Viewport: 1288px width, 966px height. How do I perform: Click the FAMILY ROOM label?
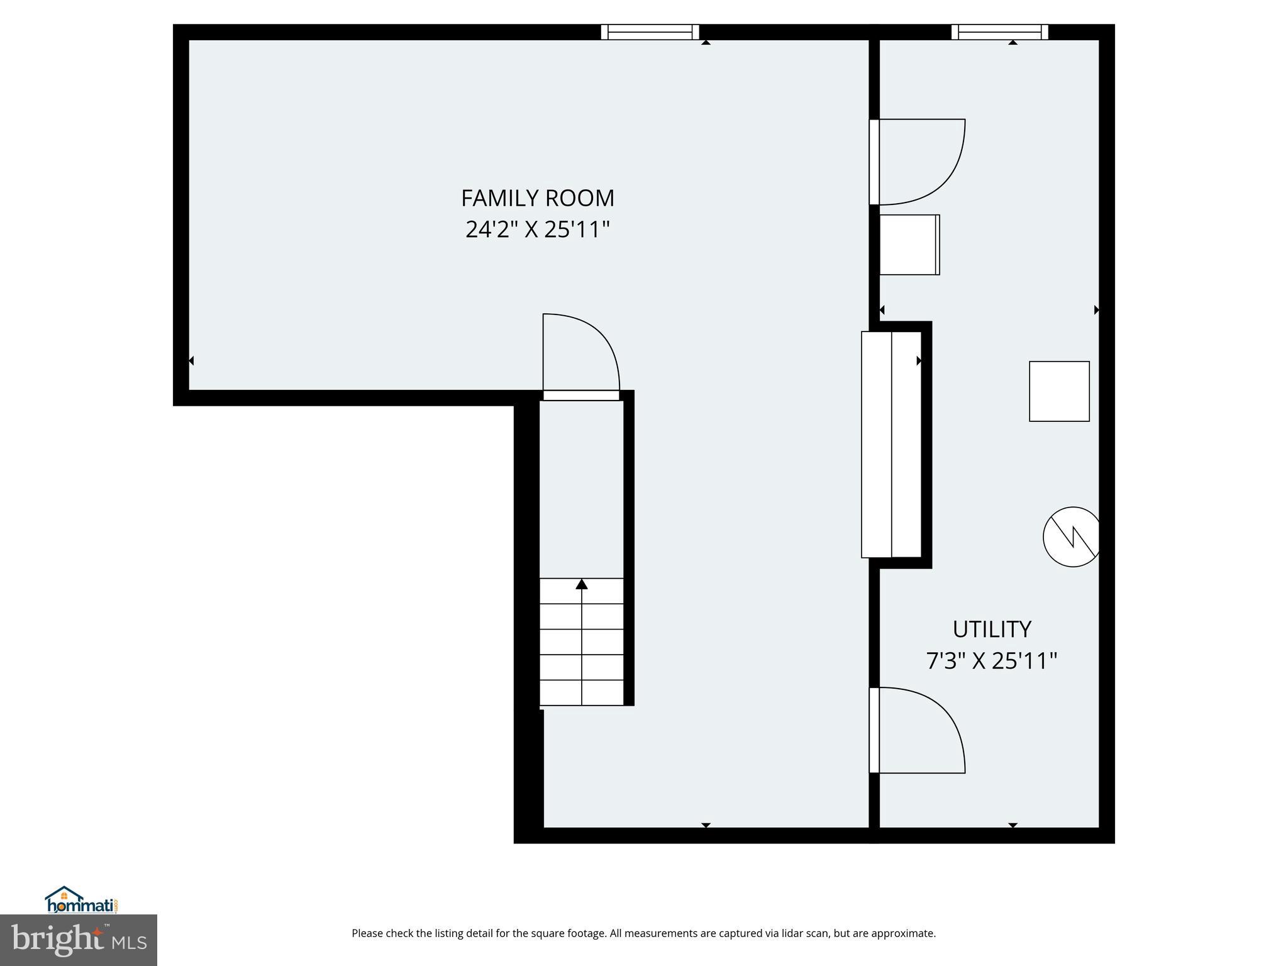click(x=537, y=198)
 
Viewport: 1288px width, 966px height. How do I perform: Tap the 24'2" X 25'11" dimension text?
click(x=537, y=230)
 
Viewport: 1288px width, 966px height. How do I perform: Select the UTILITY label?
click(x=991, y=629)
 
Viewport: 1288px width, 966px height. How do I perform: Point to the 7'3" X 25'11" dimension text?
click(x=991, y=661)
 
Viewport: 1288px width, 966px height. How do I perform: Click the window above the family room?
click(x=650, y=32)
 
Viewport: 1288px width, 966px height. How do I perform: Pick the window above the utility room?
click(x=999, y=32)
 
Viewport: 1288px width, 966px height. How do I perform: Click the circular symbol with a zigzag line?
click(x=1072, y=536)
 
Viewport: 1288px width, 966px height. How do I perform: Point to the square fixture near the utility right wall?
click(x=1059, y=391)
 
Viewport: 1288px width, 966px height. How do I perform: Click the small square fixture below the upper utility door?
click(x=909, y=245)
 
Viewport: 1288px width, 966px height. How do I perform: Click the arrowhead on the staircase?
click(x=582, y=585)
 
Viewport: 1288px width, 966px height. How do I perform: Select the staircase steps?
click(x=582, y=641)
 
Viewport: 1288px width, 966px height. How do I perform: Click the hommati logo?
click(x=81, y=901)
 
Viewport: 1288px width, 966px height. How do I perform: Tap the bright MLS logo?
click(x=79, y=940)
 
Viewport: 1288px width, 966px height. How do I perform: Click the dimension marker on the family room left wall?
click(x=191, y=361)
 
